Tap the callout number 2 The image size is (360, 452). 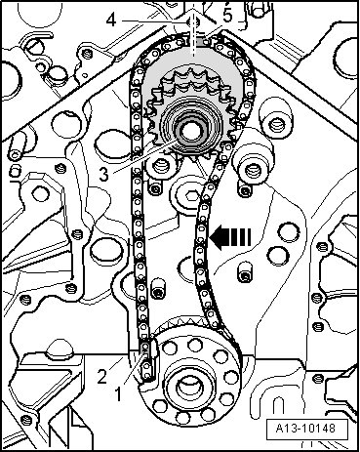(102, 378)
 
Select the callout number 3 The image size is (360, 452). (103, 175)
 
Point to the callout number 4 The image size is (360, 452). (111, 21)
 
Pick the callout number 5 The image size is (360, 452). (227, 16)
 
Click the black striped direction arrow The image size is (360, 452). (230, 237)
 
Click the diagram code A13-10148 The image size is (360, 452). (305, 428)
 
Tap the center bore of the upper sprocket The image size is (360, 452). (190, 131)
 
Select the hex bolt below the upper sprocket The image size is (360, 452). (190, 196)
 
